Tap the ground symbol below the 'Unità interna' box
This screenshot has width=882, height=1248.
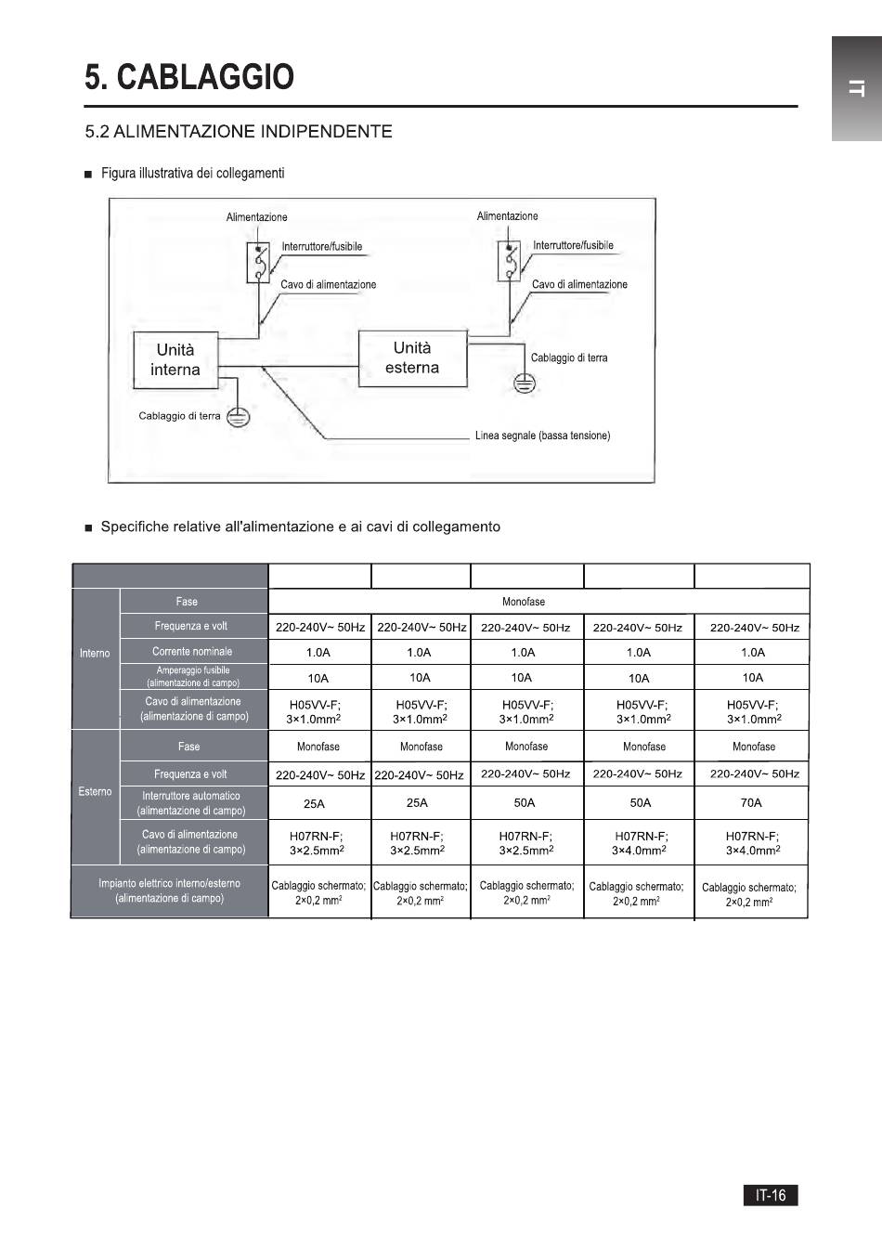point(239,417)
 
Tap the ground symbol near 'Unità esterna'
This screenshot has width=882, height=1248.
point(525,383)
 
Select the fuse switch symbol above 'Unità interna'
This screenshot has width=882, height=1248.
point(258,262)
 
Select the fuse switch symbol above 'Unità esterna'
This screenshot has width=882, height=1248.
point(509,261)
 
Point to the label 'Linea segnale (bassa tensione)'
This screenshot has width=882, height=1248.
point(543,435)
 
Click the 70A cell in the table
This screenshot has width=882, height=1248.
point(751,803)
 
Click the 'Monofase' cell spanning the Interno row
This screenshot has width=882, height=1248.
point(524,602)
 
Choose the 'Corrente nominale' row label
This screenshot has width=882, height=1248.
point(192,651)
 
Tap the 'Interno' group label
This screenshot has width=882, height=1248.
point(95,653)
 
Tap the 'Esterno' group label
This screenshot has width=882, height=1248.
point(95,792)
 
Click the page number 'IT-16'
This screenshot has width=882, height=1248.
point(771,1194)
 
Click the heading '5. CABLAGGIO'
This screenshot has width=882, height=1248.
point(189,77)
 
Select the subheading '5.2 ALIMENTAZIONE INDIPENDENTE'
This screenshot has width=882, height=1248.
point(239,132)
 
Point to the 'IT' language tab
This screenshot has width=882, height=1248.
point(857,88)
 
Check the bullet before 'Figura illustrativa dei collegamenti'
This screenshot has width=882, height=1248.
point(88,175)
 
